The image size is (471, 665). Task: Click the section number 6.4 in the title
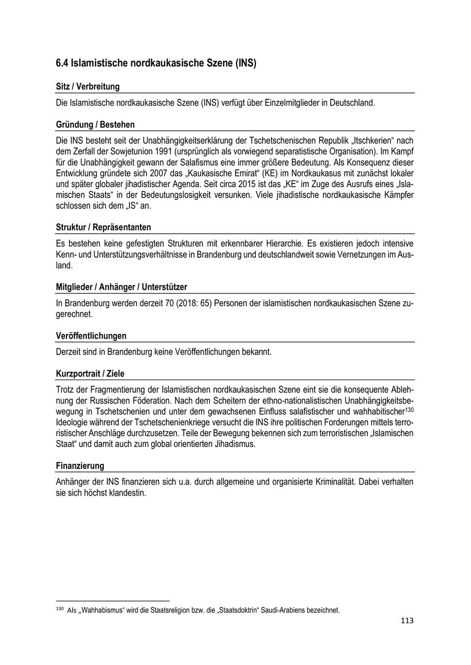pos(62,64)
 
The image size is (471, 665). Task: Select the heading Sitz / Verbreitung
pos(87,87)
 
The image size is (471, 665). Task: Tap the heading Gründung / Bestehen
pos(95,125)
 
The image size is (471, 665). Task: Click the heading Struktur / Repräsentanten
pos(103,227)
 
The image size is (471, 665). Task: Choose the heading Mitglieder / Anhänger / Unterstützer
pos(121,287)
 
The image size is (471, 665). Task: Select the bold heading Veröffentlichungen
pos(91,336)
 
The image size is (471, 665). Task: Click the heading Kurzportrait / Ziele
pos(90,374)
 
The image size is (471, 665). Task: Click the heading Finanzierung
pos(80,466)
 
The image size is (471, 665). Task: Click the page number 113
pos(407,621)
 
